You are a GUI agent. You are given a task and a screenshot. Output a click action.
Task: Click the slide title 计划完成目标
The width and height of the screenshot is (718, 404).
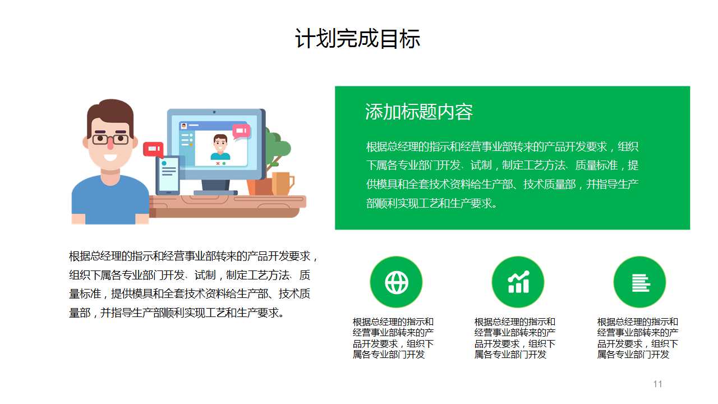[358, 39]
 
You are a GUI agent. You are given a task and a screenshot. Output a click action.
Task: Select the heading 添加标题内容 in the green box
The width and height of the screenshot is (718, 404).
[418, 112]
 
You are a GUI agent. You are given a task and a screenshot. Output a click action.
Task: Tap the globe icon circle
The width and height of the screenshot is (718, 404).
[396, 282]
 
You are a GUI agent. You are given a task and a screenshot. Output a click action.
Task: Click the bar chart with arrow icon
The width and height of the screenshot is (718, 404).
[518, 282]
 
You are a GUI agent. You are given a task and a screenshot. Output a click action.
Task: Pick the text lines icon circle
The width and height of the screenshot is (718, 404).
[639, 282]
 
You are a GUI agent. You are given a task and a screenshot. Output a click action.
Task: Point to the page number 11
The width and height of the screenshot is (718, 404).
[657, 384]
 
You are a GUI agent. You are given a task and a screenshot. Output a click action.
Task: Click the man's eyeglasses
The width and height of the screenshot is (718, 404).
[110, 139]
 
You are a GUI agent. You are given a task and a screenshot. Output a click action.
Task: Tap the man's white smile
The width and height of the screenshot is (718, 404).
[111, 157]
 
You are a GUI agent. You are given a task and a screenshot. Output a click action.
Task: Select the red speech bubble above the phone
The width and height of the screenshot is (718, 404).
[153, 149]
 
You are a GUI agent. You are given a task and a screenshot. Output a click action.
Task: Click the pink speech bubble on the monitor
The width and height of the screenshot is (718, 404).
[241, 131]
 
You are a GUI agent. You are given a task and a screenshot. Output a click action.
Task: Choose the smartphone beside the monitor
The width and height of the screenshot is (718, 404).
[168, 175]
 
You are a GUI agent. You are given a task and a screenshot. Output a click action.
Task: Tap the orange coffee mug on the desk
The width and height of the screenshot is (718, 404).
[282, 183]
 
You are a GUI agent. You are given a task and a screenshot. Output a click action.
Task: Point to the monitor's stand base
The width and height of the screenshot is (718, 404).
[215, 192]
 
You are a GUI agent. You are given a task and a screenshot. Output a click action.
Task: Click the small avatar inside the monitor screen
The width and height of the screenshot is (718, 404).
[220, 148]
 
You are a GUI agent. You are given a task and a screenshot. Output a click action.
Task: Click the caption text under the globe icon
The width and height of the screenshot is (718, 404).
[393, 338]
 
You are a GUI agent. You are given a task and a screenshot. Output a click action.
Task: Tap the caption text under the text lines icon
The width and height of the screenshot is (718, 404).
[638, 338]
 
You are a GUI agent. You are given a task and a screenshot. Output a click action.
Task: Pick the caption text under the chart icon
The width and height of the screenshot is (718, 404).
[515, 338]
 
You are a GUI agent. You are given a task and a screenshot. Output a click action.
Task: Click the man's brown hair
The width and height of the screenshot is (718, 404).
[110, 111]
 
